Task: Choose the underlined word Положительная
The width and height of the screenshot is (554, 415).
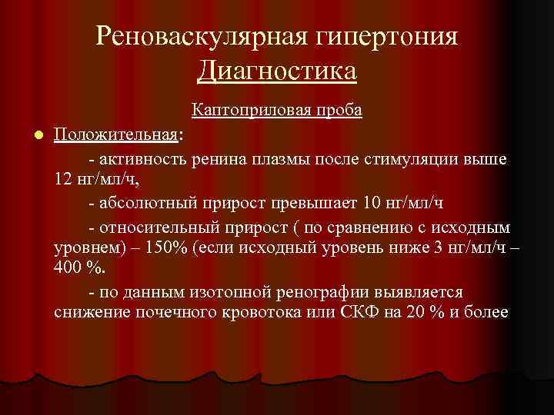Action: (x=116, y=135)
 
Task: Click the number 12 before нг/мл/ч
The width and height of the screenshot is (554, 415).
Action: (x=63, y=179)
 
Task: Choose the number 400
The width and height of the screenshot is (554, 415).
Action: (x=70, y=270)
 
